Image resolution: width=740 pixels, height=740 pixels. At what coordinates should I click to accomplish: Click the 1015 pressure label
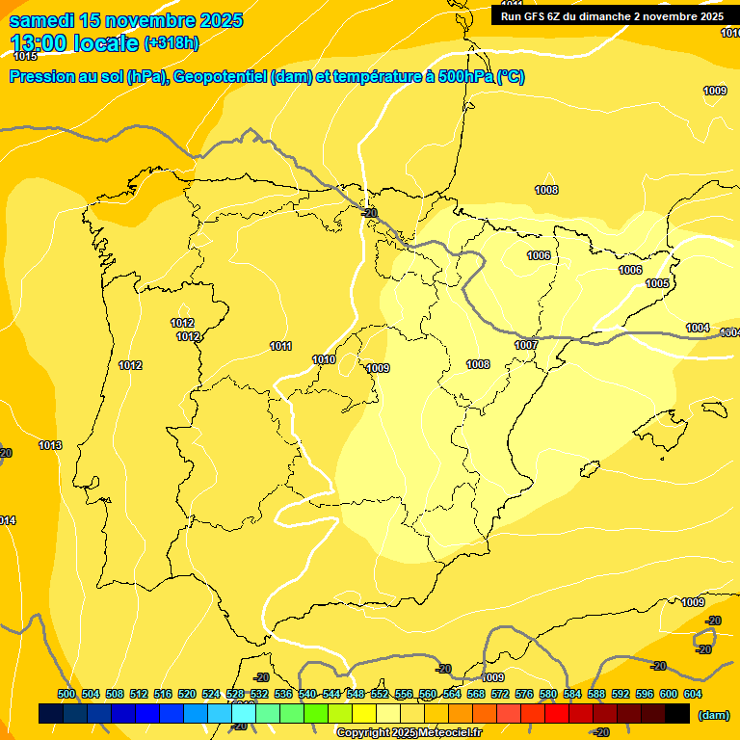pos(25,57)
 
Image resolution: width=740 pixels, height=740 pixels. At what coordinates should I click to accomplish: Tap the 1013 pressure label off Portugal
pos(50,445)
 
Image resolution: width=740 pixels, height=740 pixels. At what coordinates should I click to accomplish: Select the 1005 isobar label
pos(657,283)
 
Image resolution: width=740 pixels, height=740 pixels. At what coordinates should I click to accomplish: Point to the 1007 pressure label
pos(526,345)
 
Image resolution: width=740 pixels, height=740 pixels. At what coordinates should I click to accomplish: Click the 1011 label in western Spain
pos(280,346)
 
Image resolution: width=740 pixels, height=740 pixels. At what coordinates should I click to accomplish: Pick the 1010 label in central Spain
pos(324,359)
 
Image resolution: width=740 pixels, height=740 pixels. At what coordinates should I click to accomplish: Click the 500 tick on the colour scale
pos(66,694)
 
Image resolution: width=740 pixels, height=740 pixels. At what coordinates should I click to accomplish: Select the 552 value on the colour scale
pos(380,694)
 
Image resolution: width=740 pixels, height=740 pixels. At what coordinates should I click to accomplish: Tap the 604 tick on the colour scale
pos(693,694)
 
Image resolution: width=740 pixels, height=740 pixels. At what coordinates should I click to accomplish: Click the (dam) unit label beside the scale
pos(713,715)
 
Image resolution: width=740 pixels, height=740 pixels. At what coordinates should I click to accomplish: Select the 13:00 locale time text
pos(73,43)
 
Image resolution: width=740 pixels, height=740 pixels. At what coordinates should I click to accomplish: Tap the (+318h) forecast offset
pos(171,43)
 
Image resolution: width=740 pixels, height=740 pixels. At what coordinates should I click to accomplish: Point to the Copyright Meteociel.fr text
pos(409,733)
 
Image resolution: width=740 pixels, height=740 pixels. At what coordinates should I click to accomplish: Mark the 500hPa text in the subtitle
pos(465,77)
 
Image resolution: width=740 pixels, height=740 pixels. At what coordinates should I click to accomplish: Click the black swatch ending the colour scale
pos(677,714)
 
